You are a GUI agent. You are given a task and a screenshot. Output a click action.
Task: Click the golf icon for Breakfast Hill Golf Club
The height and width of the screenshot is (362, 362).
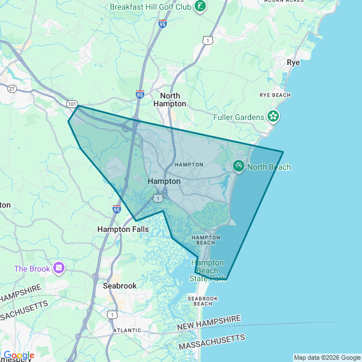200,7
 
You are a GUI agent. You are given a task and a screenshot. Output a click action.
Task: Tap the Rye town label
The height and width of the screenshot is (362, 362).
293,62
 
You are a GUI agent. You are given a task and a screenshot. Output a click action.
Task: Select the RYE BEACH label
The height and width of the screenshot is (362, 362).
275,95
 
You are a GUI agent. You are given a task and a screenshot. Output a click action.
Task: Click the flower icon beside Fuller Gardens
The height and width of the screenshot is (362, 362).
273,117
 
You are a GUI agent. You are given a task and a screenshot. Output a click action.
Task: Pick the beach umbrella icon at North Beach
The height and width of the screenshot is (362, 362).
239,166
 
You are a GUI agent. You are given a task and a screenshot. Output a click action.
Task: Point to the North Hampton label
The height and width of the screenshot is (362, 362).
170,100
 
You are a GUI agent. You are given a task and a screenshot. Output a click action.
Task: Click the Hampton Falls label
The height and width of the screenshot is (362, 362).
123,229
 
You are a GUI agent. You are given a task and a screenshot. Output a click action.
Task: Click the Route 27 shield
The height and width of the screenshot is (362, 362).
12,88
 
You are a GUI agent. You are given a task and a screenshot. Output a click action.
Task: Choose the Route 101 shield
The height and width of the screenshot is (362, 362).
72,104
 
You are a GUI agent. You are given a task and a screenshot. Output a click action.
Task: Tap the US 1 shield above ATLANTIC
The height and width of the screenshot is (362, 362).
112,314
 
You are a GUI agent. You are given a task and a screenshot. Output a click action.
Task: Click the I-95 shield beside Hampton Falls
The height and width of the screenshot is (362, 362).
116,209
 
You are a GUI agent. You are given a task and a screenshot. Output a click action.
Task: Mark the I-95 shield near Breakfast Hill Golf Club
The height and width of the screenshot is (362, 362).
163,24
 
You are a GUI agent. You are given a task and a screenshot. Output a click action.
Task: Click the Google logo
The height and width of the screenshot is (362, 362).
19,355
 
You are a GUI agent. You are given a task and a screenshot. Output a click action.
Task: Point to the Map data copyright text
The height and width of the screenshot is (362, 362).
326,357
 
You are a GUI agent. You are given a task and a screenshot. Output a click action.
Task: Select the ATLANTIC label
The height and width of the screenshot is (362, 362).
127,330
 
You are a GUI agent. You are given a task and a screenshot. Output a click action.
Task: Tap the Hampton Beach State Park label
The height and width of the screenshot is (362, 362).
207,270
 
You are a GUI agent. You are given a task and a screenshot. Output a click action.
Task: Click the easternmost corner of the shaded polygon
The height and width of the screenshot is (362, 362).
283,152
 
